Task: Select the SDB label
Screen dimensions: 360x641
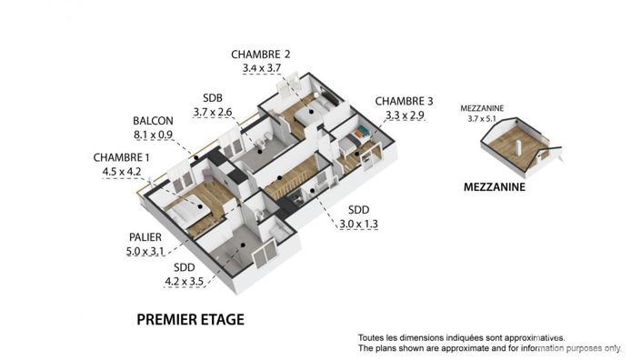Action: tap(213, 98)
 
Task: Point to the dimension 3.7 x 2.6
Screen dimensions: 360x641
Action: tap(213, 112)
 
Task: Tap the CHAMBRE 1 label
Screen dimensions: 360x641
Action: tap(124, 156)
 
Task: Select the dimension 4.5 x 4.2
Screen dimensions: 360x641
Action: tap(122, 170)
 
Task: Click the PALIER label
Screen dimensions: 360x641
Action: tap(145, 237)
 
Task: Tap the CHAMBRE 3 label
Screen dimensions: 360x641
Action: tap(405, 101)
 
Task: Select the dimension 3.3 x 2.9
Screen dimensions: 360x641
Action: tap(405, 115)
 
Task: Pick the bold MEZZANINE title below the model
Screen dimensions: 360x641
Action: tap(494, 189)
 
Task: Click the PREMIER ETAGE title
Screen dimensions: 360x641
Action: tap(190, 320)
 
